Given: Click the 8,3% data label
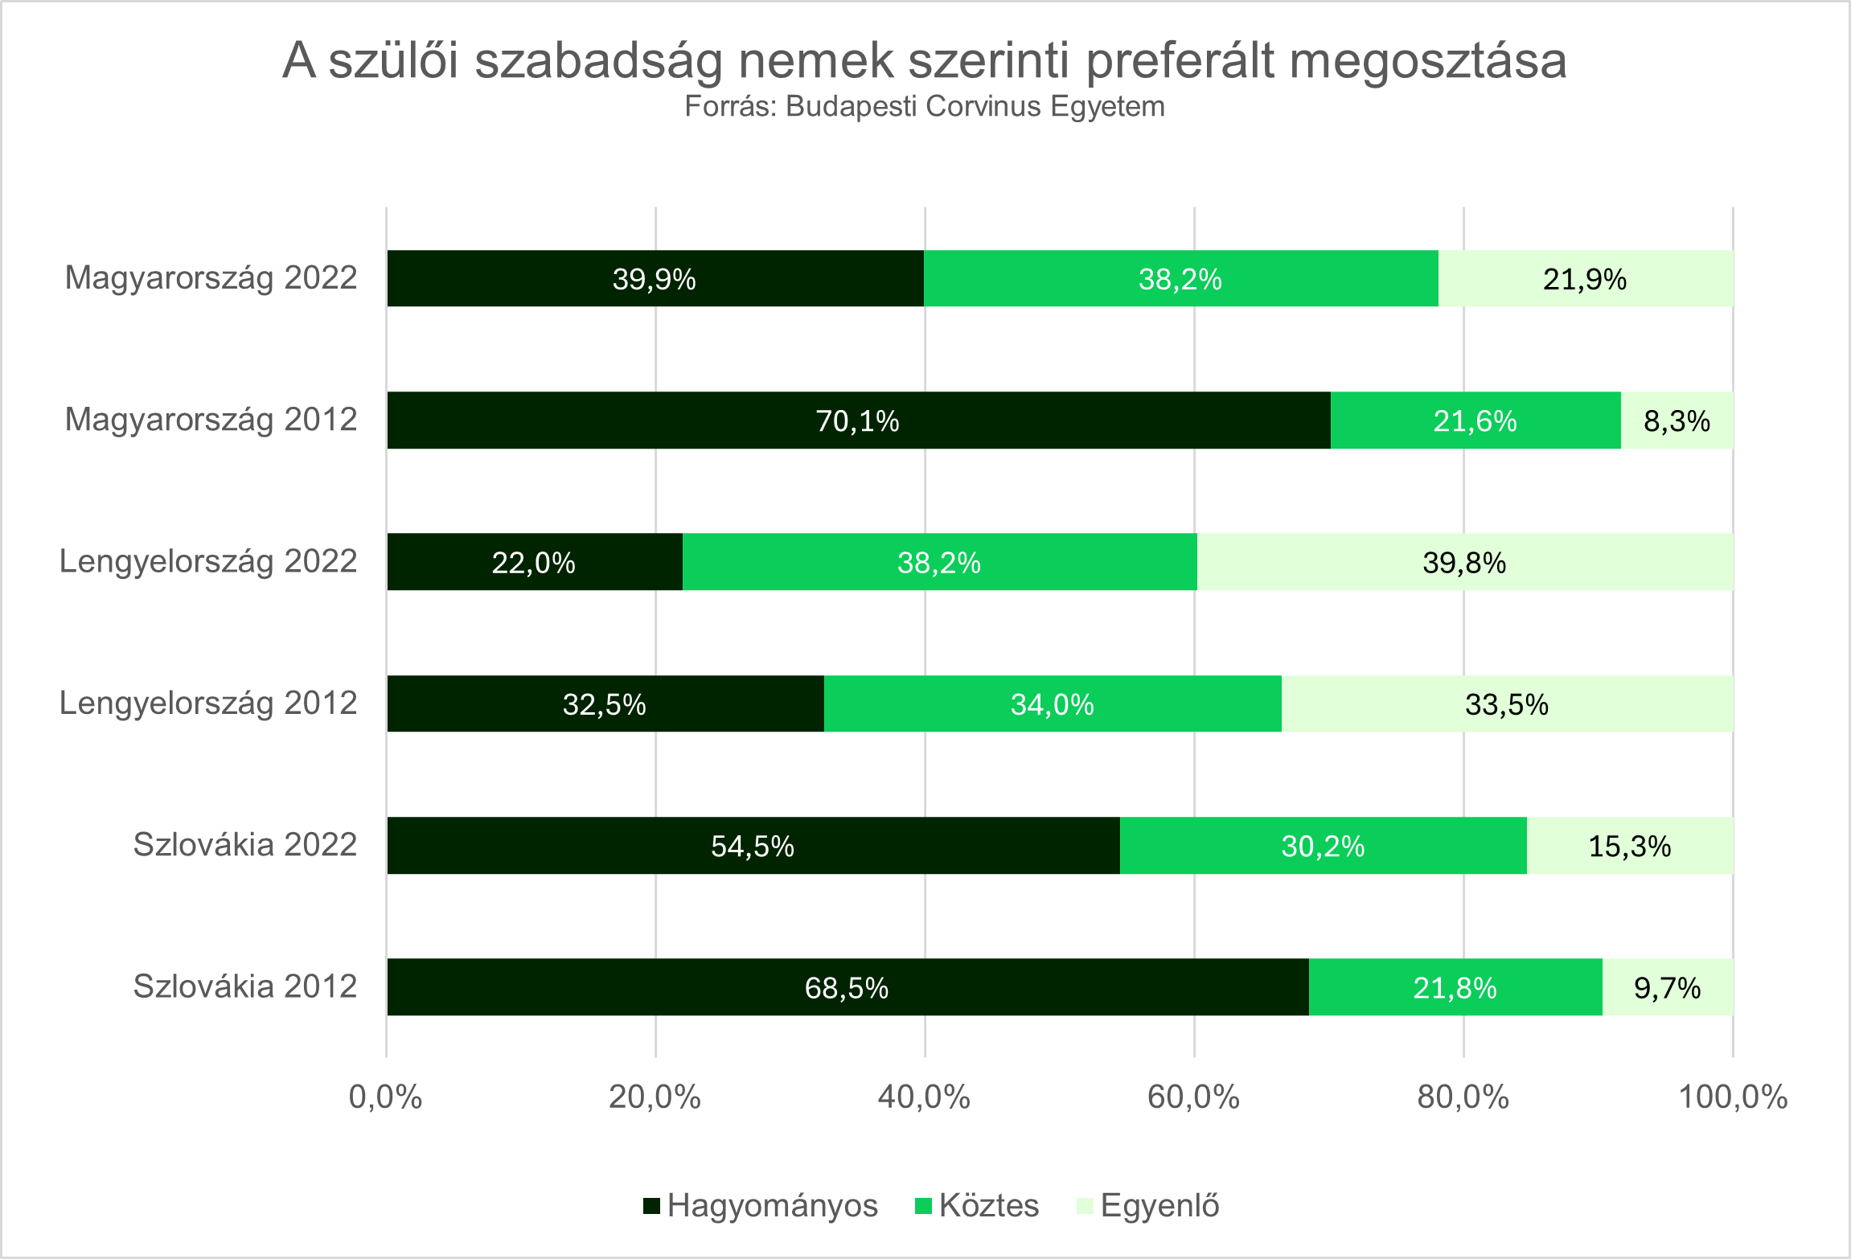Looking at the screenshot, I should (x=1677, y=421).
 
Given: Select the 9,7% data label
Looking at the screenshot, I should (x=1667, y=988).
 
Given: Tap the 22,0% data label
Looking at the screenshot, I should (x=533, y=563).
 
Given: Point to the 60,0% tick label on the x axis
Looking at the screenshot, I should (x=1193, y=1097).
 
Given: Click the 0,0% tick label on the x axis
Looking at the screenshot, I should (x=385, y=1097).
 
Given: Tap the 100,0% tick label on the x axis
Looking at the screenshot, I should (x=1733, y=1097).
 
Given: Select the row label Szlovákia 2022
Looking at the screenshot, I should (x=244, y=845).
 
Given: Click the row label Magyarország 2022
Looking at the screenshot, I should (x=211, y=278).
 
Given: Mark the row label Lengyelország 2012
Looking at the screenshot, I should (x=208, y=703).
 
